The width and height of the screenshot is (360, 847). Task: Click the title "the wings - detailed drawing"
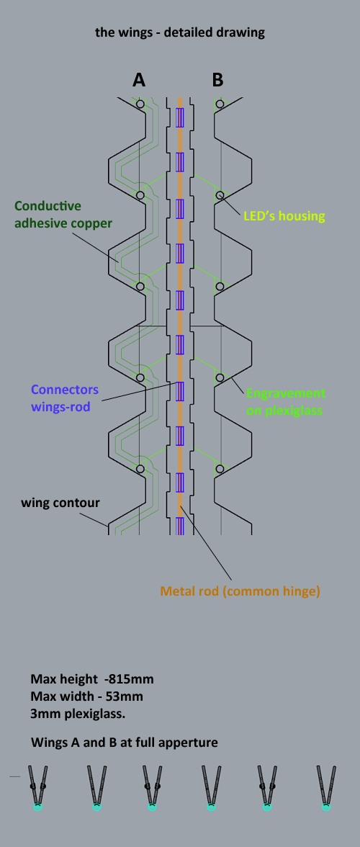pyautogui.click(x=180, y=32)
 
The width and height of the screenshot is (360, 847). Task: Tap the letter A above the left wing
pyautogui.click(x=139, y=80)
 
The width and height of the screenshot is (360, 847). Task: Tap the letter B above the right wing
pyautogui.click(x=217, y=80)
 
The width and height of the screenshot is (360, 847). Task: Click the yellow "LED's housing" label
pyautogui.click(x=284, y=217)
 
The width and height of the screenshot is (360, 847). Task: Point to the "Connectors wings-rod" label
pyautogui.click(x=65, y=398)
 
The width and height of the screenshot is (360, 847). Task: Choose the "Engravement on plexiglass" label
pyautogui.click(x=286, y=402)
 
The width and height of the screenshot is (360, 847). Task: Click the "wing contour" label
pyautogui.click(x=60, y=503)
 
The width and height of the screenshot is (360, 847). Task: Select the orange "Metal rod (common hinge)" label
pyautogui.click(x=240, y=591)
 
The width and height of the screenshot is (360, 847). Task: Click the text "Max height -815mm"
pyautogui.click(x=91, y=679)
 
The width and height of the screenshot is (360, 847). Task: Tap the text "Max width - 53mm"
pyautogui.click(x=86, y=696)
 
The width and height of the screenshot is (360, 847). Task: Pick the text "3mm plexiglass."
pyautogui.click(x=78, y=714)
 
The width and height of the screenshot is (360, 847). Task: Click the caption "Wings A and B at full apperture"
pyautogui.click(x=124, y=743)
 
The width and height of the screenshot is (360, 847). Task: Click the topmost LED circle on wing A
pyautogui.click(x=140, y=103)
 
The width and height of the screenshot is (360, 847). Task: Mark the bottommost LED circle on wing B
pyautogui.click(x=220, y=469)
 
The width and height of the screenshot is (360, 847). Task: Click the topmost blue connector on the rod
pyautogui.click(x=180, y=117)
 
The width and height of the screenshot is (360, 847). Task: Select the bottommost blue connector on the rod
pyautogui.click(x=180, y=526)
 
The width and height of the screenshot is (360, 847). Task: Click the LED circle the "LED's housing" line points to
pyautogui.click(x=220, y=194)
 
